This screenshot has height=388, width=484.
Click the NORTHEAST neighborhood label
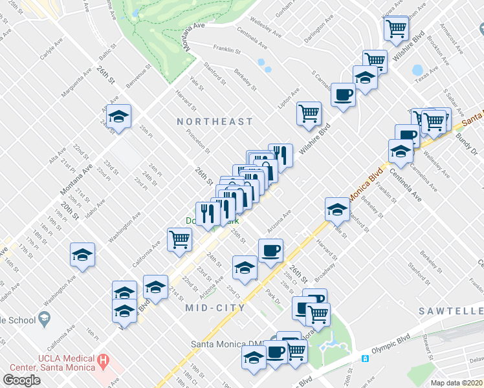[x=215, y=122]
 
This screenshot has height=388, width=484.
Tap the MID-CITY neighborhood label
[x=215, y=308]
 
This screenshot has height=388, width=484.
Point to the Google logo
[x=21, y=380]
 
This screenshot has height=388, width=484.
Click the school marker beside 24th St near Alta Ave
[x=118, y=116]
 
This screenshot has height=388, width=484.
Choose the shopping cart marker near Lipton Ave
[x=309, y=113]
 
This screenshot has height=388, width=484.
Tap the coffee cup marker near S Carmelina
[x=343, y=94]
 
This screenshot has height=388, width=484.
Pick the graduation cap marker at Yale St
[x=337, y=208]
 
